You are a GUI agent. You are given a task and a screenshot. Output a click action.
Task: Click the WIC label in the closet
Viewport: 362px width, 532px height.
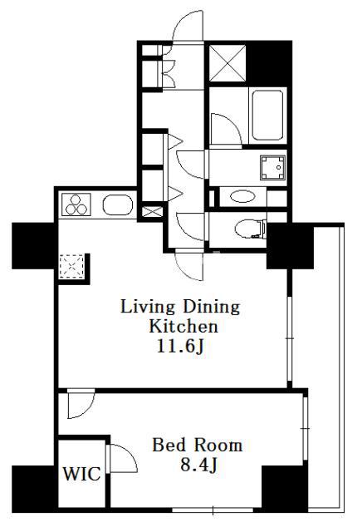[x=81, y=474]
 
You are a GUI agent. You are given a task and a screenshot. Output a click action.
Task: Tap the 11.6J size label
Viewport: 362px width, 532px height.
[x=180, y=346]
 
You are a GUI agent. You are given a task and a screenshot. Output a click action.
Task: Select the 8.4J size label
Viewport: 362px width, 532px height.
[x=198, y=465]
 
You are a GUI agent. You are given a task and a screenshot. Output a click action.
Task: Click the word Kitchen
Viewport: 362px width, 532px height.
[x=183, y=326]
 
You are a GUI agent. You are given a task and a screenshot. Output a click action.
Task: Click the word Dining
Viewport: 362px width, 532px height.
[x=212, y=307]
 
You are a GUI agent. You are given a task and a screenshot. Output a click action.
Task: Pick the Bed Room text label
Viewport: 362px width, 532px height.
[x=198, y=446]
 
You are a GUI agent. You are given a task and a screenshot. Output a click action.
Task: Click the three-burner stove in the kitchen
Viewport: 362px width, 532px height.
[x=76, y=204]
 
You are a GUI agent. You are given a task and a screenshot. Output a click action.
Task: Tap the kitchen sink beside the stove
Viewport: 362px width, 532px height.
[x=118, y=205]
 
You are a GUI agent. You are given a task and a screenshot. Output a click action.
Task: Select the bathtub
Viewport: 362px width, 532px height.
[x=267, y=115]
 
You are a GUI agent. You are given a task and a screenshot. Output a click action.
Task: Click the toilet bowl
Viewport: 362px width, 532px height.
[x=250, y=229]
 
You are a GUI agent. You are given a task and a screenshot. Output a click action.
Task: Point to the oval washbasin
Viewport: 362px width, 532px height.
[x=242, y=196]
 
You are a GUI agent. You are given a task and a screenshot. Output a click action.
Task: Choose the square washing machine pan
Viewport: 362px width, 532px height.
[x=272, y=168]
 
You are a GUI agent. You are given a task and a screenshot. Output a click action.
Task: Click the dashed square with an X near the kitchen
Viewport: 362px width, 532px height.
[x=71, y=267]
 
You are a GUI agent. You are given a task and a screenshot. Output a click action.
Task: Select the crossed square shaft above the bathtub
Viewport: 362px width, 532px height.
[x=227, y=63]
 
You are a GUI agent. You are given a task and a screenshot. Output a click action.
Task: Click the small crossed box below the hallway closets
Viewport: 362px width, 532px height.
[x=152, y=212]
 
